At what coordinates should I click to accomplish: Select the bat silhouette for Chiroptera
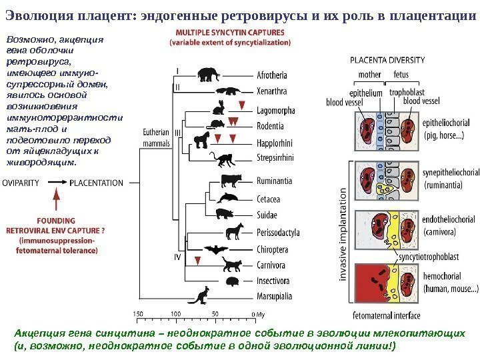(217, 249)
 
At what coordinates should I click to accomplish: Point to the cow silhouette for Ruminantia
(231, 180)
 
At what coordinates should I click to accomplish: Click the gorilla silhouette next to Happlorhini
(202, 139)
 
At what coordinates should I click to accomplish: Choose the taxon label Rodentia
(270, 127)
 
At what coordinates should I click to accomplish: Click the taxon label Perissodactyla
(277, 233)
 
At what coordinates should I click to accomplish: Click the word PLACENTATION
(97, 181)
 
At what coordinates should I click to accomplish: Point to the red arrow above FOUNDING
(56, 197)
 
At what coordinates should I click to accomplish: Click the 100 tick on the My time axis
(176, 313)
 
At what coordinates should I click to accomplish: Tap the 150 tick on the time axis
(138, 313)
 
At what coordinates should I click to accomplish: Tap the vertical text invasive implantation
(344, 235)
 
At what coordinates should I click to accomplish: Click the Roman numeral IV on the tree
(179, 256)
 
